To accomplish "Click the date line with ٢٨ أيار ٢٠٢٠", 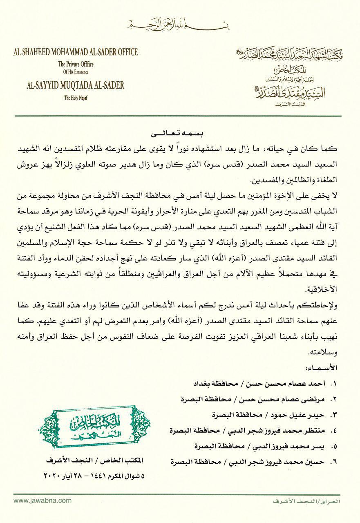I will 95,476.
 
